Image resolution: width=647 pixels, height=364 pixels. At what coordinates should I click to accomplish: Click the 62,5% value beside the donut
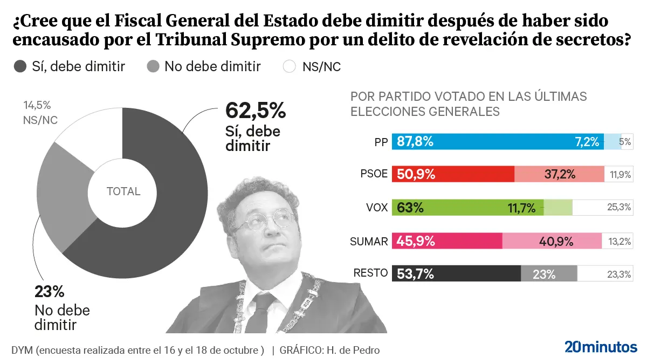255,111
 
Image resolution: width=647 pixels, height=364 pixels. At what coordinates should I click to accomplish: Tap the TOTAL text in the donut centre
123,191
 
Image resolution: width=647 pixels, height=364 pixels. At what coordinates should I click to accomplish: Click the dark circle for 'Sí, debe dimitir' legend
20,67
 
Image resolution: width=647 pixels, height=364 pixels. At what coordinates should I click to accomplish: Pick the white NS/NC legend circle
290,67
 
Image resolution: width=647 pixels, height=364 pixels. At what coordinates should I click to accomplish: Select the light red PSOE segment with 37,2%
559,174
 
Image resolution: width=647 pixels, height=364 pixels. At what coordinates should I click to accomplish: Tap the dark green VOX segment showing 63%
467,207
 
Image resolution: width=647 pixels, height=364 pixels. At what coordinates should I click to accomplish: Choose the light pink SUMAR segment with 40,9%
552,241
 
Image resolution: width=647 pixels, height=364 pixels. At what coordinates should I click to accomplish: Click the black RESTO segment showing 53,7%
456,273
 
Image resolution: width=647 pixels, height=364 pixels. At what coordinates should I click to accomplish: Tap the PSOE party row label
374,174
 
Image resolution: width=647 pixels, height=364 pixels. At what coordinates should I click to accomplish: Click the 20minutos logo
601,347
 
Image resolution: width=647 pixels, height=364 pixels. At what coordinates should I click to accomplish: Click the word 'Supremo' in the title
257,40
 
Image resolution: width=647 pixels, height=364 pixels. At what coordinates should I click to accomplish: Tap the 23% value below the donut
50,292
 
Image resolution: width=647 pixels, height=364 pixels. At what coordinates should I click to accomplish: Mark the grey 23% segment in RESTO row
549,273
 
